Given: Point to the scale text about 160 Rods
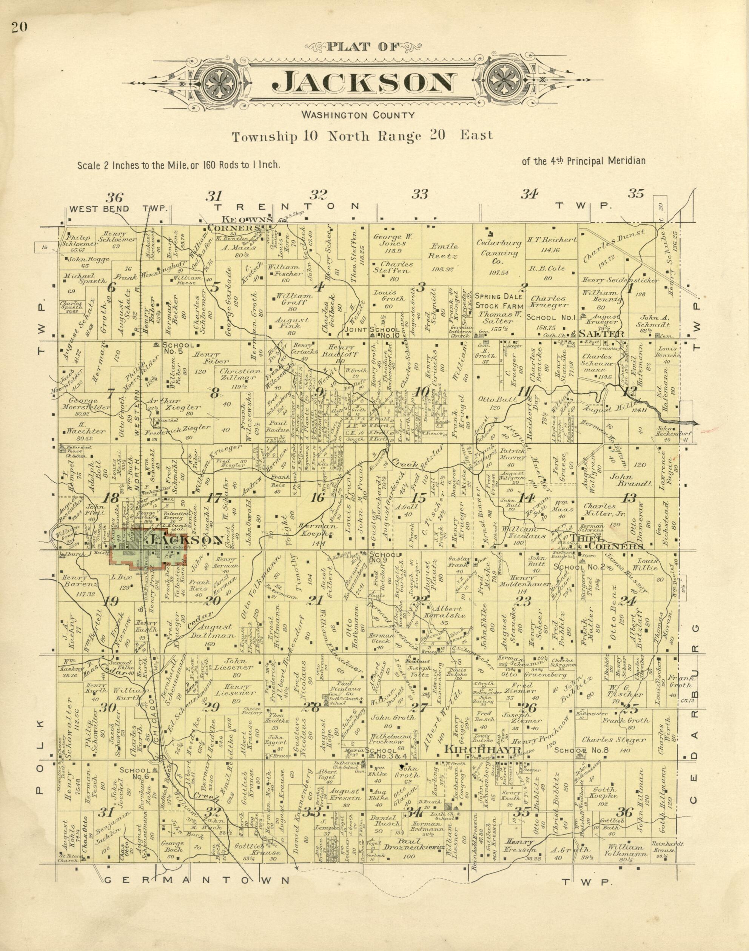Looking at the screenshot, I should tap(179, 165).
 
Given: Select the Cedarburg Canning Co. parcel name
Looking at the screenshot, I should tap(499, 253).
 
